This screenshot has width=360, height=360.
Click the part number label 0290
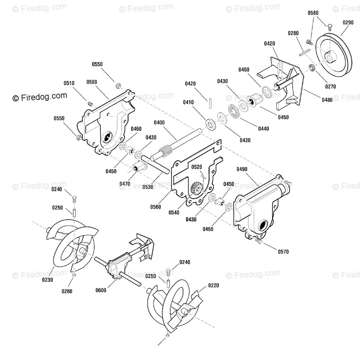(348, 22)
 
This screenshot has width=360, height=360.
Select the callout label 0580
(313, 13)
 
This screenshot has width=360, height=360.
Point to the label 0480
(327, 100)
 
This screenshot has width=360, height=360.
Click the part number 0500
(92, 82)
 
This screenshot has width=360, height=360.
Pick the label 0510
(69, 83)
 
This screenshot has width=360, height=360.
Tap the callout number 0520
(196, 167)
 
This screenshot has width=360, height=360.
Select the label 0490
(242, 169)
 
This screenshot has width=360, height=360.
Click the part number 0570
(283, 252)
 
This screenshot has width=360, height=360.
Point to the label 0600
(101, 290)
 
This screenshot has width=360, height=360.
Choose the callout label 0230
(48, 280)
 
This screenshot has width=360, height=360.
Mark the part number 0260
(67, 291)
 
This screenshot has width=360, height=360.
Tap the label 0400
(159, 123)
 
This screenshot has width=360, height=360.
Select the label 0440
(264, 129)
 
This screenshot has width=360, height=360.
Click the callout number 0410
(188, 103)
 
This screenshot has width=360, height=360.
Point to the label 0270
(330, 87)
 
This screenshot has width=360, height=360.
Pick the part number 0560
(155, 207)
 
